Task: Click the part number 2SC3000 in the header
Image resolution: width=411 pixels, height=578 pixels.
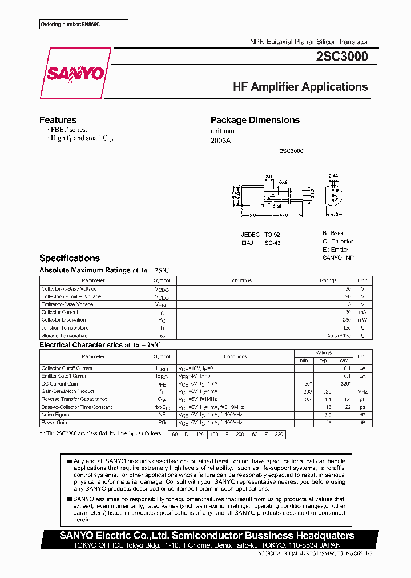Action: pyautogui.click(x=341, y=57)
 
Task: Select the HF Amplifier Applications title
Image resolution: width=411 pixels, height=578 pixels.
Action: pyautogui.click(x=300, y=87)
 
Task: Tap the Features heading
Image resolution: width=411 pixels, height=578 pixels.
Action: pyautogui.click(x=58, y=120)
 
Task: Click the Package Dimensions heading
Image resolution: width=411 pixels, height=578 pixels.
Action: pyautogui.click(x=255, y=120)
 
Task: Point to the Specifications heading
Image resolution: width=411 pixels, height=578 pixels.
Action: pyautogui.click(x=69, y=258)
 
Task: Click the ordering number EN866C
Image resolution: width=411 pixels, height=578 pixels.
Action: pyautogui.click(x=74, y=26)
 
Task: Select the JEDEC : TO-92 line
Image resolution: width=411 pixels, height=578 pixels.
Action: pyautogui.click(x=260, y=235)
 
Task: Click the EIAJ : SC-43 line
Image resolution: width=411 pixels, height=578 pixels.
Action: pyautogui.click(x=260, y=243)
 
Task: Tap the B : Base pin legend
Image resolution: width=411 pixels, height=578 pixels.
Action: pyautogui.click(x=333, y=233)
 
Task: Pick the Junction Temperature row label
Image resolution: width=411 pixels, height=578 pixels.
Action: pyautogui.click(x=65, y=328)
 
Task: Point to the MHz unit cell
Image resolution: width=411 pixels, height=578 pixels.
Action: pyautogui.click(x=362, y=392)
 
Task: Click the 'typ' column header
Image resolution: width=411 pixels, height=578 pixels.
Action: pyautogui.click(x=323, y=360)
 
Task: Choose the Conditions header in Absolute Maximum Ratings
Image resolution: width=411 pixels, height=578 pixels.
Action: pyautogui.click(x=240, y=280)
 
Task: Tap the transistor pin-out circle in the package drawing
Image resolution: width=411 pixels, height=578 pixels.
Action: pyautogui.click(x=335, y=194)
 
